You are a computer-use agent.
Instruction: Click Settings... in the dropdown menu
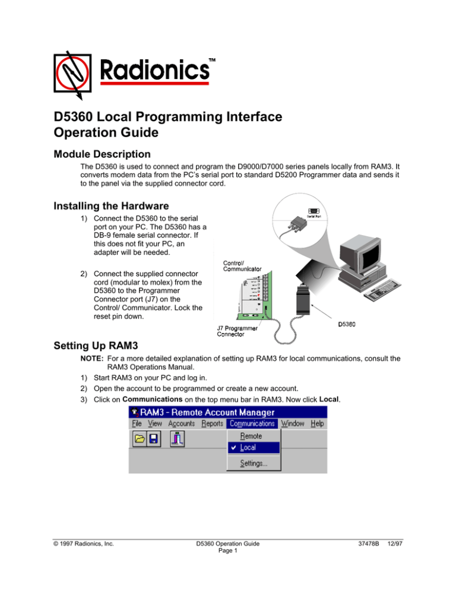(253, 464)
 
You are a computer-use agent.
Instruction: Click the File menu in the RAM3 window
(137, 423)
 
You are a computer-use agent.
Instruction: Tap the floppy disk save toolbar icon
(153, 439)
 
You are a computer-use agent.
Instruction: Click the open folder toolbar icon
(139, 439)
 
